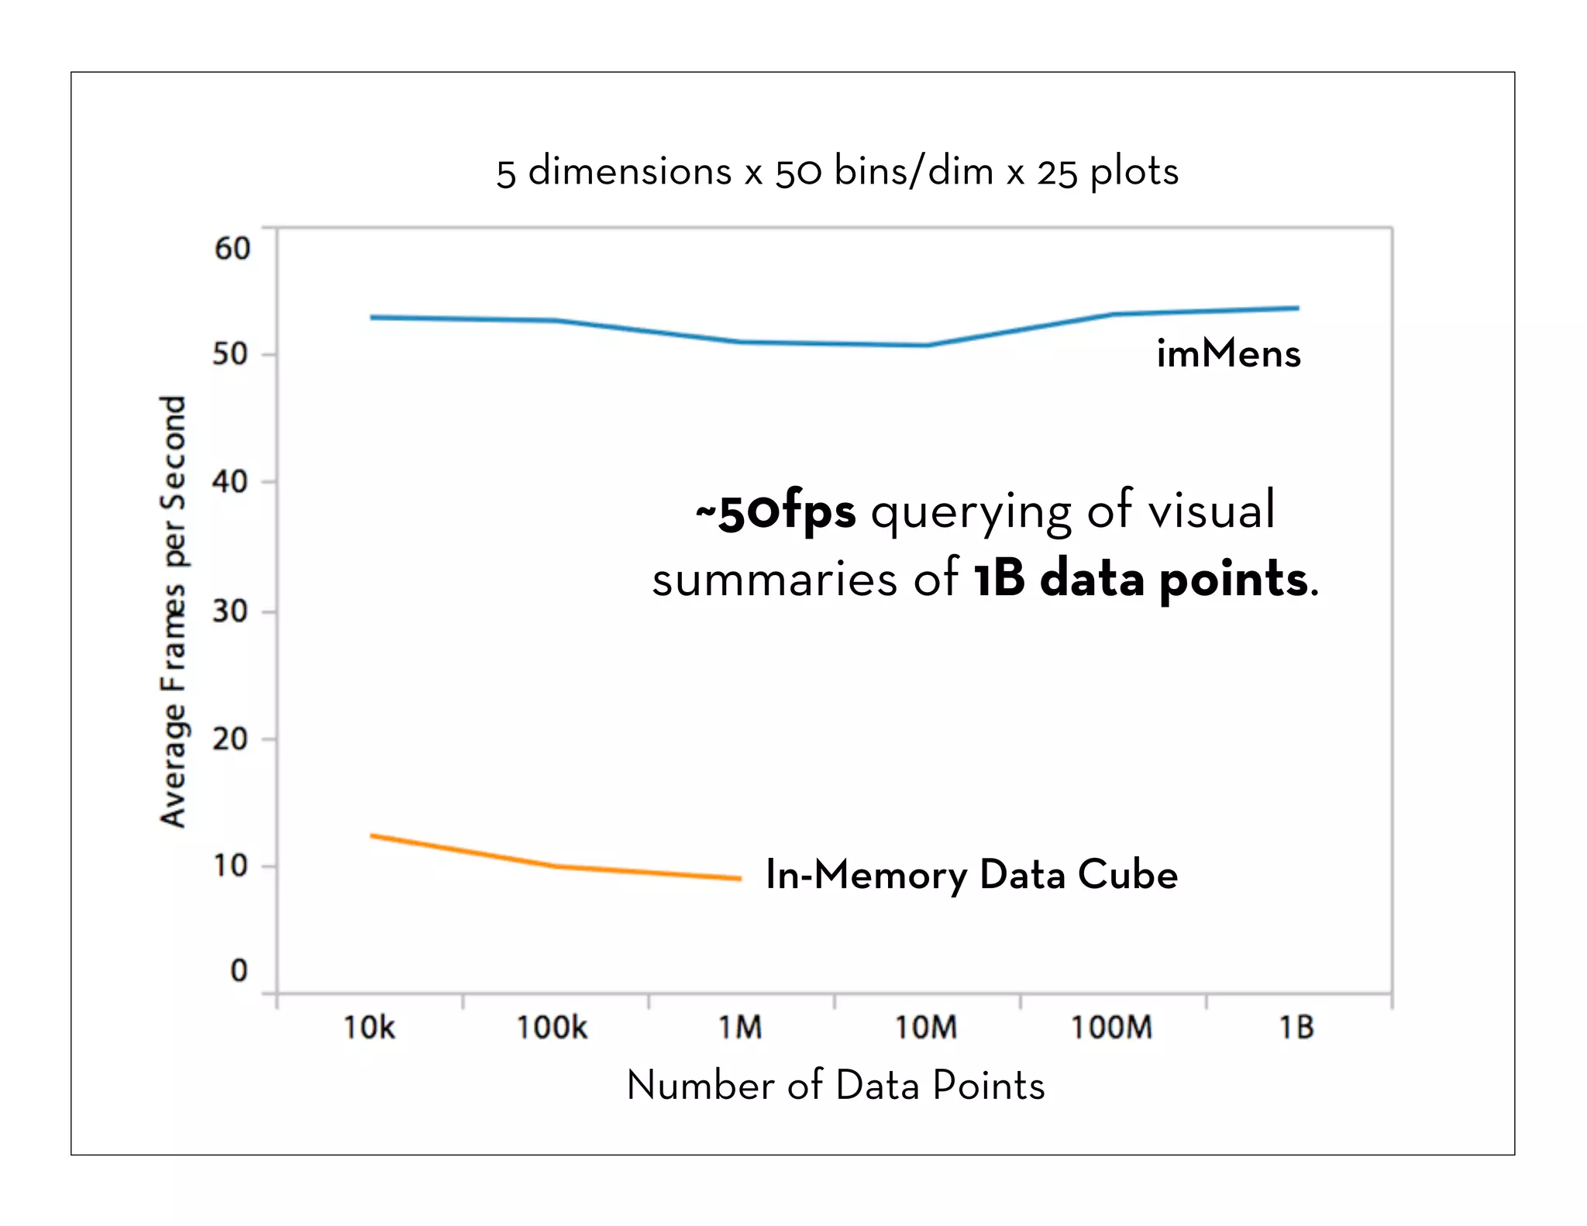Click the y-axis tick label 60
point(232,249)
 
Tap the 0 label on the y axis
point(239,970)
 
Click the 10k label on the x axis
point(369,1028)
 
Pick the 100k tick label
point(552,1028)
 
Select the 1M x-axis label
point(740,1028)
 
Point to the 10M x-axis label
point(926,1028)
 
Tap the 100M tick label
point(1111,1028)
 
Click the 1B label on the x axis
point(1296,1028)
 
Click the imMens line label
point(1228,353)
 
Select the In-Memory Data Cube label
point(971,875)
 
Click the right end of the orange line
point(740,879)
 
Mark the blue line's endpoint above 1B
point(1297,308)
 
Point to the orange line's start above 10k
point(372,835)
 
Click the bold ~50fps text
point(776,512)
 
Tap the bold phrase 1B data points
point(1141,579)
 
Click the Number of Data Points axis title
point(835,1085)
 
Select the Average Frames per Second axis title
point(174,611)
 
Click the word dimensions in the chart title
point(629,170)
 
